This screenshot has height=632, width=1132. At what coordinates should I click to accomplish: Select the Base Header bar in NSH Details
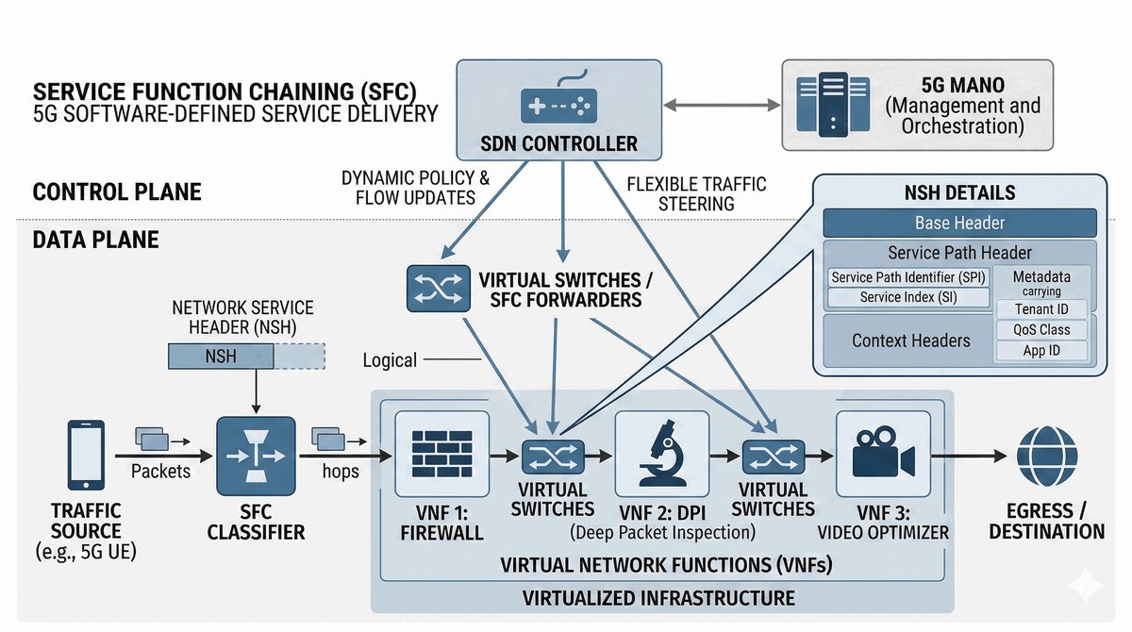tap(959, 224)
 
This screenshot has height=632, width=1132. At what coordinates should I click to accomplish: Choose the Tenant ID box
tap(1041, 309)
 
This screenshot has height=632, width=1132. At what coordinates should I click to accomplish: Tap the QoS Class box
tap(1041, 330)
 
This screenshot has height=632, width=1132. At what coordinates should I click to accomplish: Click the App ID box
tap(1041, 351)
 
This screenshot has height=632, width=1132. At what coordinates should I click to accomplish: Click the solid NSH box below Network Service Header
tap(221, 356)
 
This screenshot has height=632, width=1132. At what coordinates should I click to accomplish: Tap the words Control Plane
tap(117, 192)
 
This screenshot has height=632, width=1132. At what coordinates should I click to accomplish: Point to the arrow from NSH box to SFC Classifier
tap(257, 390)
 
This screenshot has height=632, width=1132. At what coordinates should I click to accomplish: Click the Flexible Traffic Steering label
tap(696, 193)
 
